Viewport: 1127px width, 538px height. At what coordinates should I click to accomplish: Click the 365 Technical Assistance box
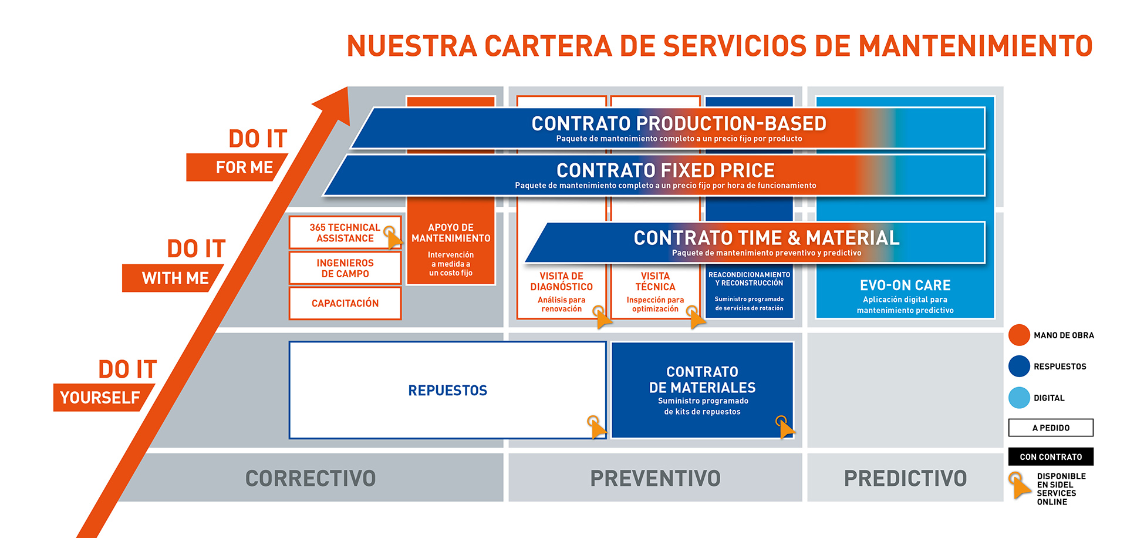click(345, 233)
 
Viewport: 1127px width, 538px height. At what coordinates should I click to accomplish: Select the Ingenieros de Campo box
click(345, 268)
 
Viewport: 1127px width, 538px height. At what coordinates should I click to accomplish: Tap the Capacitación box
click(345, 303)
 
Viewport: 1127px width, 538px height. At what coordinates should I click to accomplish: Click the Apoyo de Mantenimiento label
click(451, 233)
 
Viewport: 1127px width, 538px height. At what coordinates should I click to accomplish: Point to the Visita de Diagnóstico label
click(562, 281)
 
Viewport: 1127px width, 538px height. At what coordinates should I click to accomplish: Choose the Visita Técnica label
click(655, 281)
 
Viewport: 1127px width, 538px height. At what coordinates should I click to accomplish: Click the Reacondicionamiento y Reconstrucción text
click(749, 279)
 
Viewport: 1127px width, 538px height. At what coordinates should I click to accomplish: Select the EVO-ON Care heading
click(905, 285)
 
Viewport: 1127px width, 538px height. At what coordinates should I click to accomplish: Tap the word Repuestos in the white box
click(448, 391)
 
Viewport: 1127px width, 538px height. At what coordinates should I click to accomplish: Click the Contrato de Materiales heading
click(702, 379)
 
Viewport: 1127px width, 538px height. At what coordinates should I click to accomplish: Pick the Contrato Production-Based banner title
click(679, 123)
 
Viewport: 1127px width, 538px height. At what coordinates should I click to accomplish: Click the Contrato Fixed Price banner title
click(666, 170)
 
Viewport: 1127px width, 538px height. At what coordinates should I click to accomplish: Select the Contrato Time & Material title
click(767, 238)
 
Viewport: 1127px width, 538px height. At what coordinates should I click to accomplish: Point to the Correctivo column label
click(311, 479)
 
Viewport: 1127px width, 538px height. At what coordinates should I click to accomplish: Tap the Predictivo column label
click(905, 479)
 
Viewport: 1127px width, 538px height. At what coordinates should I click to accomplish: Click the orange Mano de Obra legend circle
click(1019, 335)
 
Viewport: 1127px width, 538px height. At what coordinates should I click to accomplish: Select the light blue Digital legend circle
click(1019, 398)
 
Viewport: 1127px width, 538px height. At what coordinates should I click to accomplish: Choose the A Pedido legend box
click(1051, 428)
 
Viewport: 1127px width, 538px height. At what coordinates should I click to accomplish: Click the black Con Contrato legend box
click(1051, 456)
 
